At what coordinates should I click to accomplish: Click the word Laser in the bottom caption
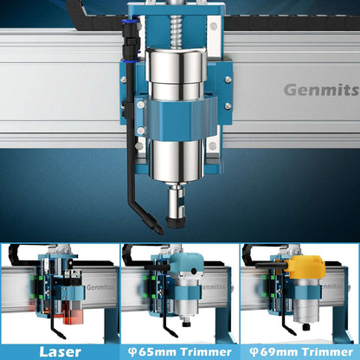pyautogui.click(x=60, y=352)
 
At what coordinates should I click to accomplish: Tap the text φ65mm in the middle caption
pyautogui.click(x=151, y=352)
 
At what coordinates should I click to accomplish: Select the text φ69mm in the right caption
pyautogui.click(x=273, y=352)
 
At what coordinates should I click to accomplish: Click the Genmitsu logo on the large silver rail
pyautogui.click(x=321, y=90)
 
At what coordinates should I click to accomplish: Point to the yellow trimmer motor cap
pyautogui.click(x=307, y=267)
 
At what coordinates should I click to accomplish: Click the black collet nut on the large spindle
pyautogui.click(x=176, y=222)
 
